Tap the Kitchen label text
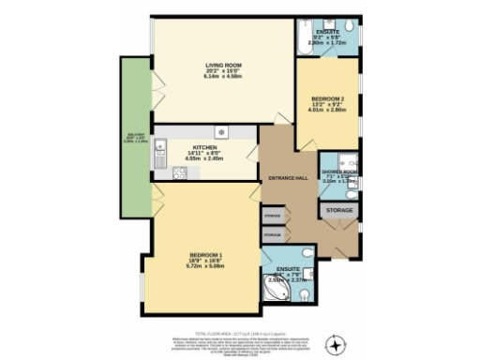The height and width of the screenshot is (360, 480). [205, 147]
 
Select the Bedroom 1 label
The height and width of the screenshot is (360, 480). [205, 254]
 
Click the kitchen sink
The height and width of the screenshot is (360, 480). [161, 146]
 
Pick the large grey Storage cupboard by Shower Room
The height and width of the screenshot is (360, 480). [339, 210]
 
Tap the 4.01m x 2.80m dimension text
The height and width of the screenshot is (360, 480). [328, 109]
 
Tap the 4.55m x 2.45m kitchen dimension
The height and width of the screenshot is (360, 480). [205, 159]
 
